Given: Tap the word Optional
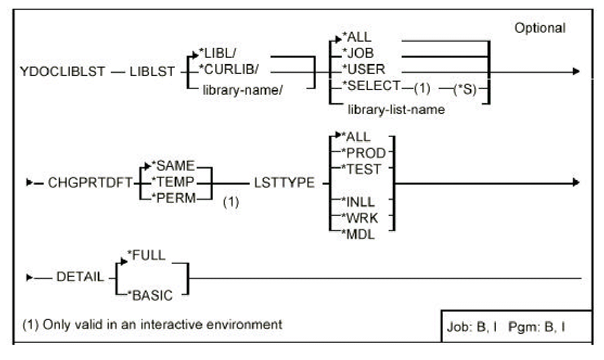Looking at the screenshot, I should (539, 28).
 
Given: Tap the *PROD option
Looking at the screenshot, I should (366, 152).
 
